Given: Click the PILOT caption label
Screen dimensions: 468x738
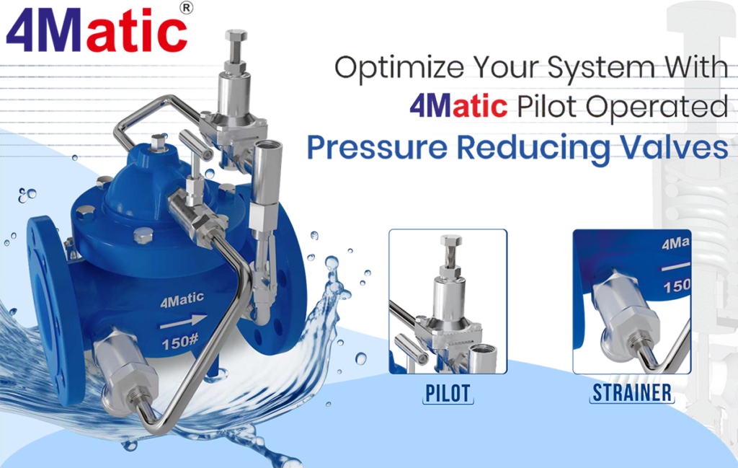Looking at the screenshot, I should tap(448, 393).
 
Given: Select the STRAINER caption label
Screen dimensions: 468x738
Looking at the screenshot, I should tap(632, 393).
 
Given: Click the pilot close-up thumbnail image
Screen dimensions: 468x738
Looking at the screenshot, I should tap(448, 301).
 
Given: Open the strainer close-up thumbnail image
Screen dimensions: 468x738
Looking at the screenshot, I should tap(631, 301).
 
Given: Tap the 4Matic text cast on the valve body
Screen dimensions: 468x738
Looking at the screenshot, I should tap(182, 298).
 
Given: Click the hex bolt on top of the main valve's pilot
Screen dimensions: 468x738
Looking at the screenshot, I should tap(236, 36).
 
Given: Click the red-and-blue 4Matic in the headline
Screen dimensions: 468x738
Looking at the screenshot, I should tap(458, 107).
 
